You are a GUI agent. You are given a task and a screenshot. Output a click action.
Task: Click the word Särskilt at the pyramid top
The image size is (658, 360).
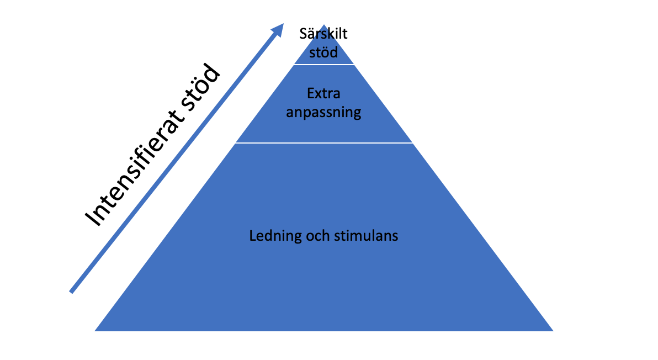click(x=323, y=34)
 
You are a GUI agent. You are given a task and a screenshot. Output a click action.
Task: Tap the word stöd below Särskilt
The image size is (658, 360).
click(x=323, y=53)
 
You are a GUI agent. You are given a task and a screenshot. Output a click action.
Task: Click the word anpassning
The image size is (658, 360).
click(x=323, y=113)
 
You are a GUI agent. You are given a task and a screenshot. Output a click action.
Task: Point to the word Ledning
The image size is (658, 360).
click(x=271, y=236)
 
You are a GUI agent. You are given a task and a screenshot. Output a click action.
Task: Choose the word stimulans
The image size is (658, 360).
click(x=366, y=236)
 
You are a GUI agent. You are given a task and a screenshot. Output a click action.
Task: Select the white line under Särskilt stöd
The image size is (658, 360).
click(x=323, y=65)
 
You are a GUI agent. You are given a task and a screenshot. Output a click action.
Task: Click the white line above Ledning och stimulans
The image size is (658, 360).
click(x=323, y=143)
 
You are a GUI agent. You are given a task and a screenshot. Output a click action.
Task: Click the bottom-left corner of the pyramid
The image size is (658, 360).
click(x=96, y=330)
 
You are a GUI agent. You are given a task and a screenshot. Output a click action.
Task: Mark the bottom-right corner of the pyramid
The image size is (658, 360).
click(x=552, y=330)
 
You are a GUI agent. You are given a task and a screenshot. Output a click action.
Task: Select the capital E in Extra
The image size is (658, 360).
click(x=311, y=94)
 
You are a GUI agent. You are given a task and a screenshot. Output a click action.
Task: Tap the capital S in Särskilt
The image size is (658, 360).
click(x=303, y=34)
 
